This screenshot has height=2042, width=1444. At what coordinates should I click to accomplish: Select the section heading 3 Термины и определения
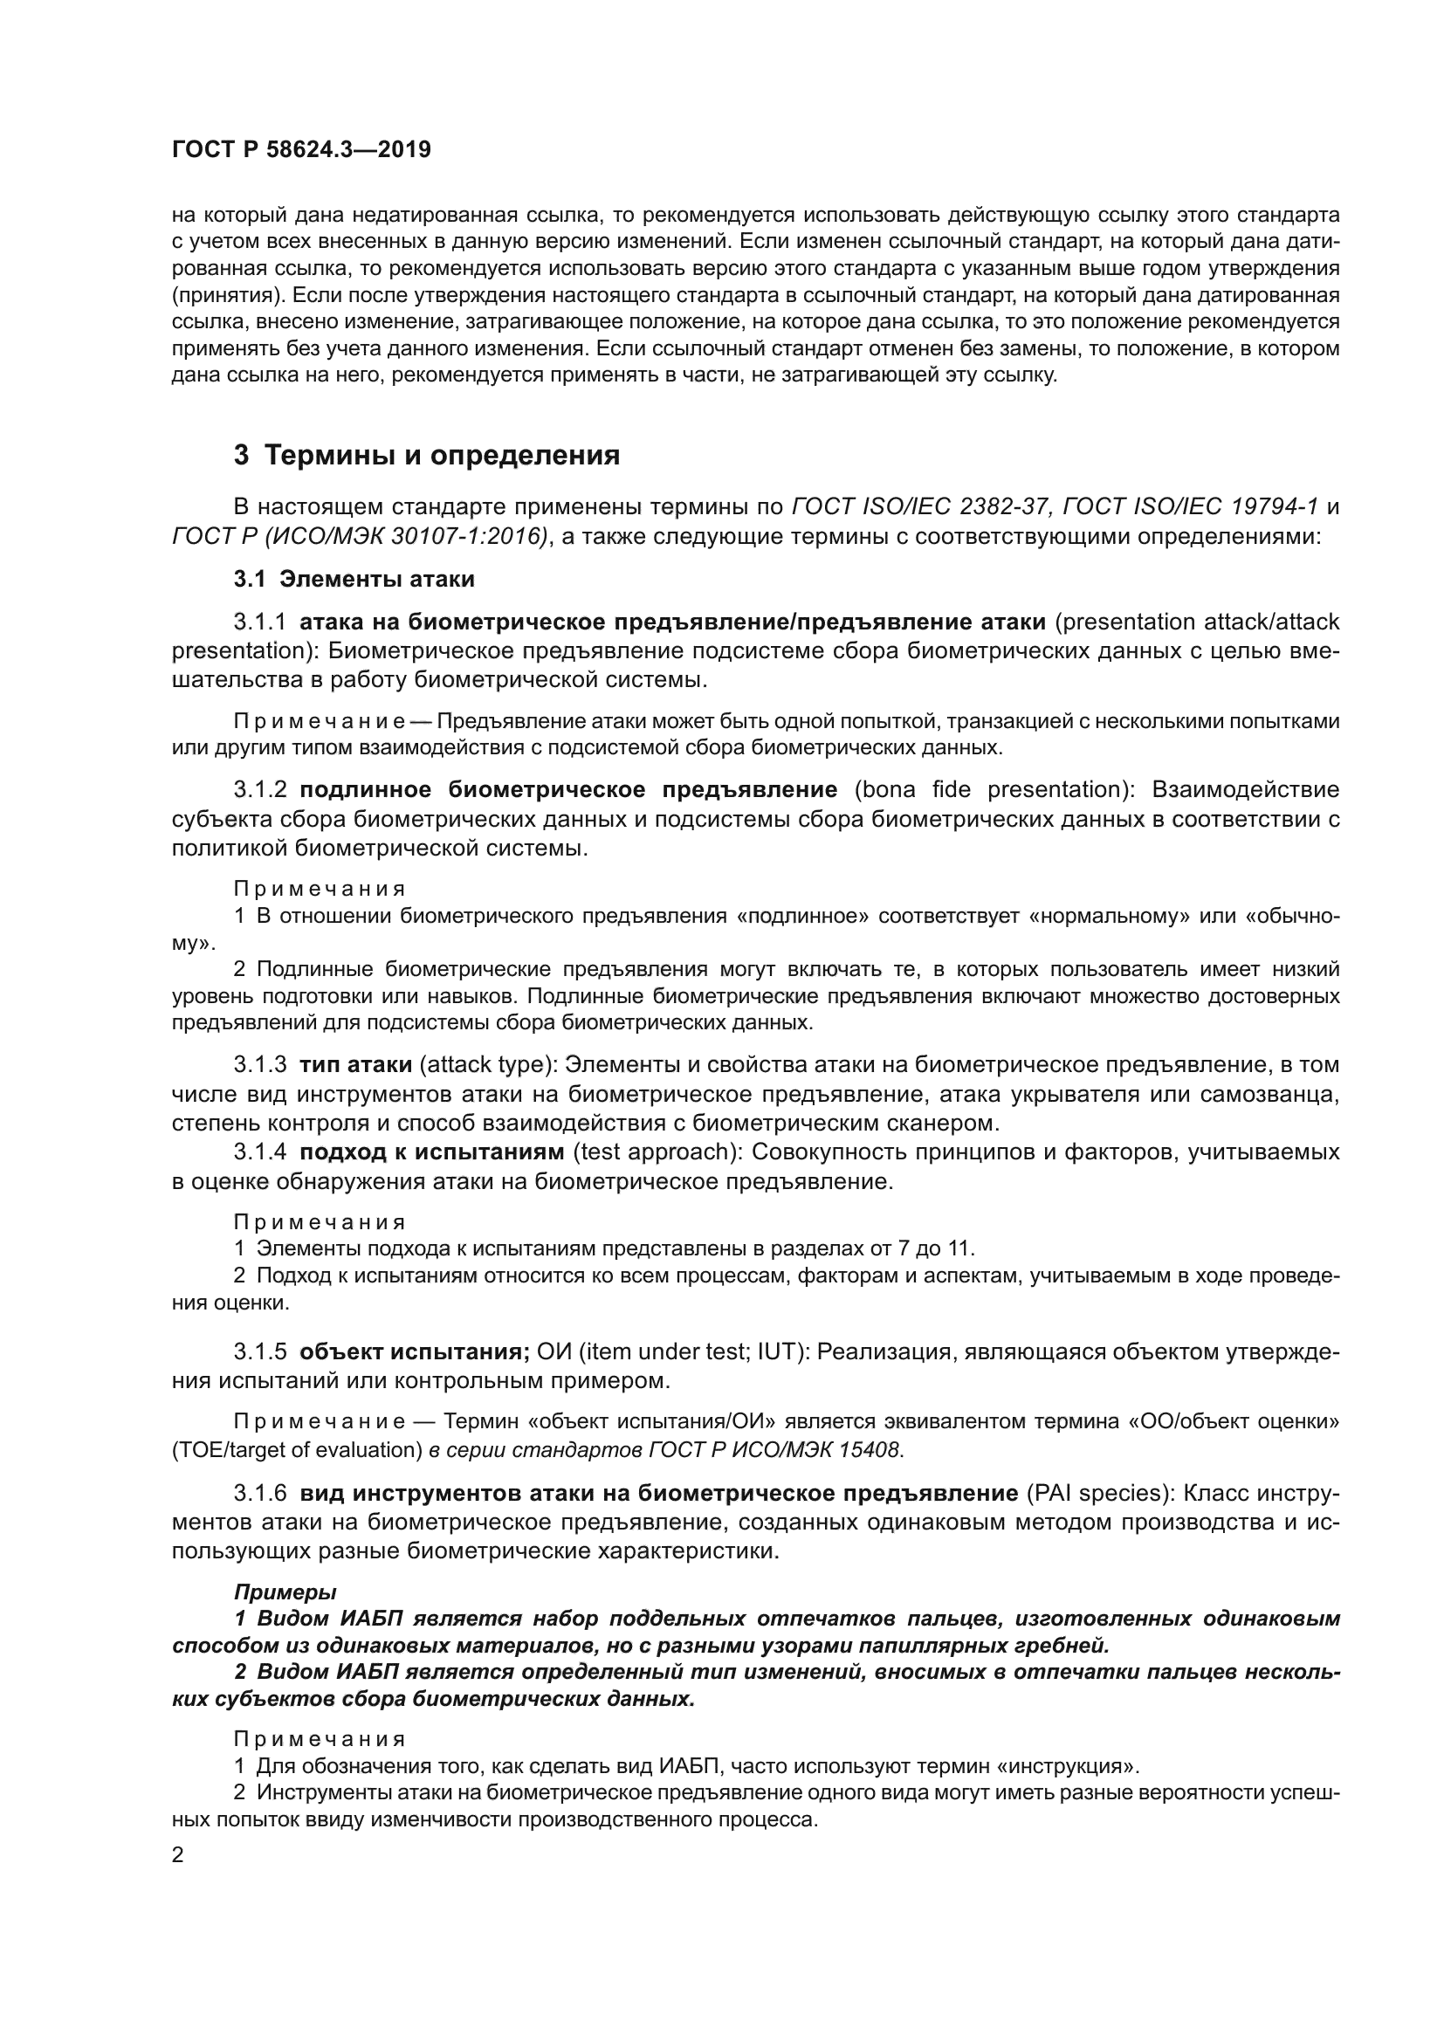(426, 456)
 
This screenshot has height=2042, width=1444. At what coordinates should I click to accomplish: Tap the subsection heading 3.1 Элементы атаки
(354, 579)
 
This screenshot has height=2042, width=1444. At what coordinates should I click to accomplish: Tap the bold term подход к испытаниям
(432, 1152)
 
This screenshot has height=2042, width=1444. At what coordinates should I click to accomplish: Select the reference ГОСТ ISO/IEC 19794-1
(1191, 507)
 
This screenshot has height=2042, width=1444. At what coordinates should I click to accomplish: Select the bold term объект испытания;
(415, 1351)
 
